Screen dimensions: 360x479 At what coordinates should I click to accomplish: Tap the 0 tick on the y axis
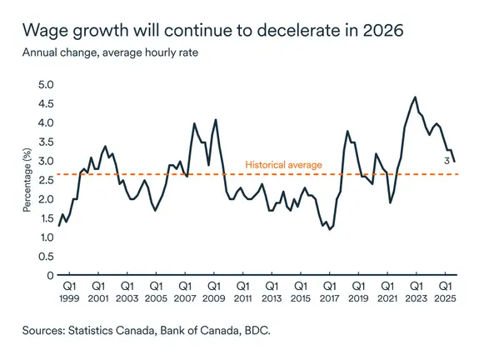pyautogui.click(x=50, y=275)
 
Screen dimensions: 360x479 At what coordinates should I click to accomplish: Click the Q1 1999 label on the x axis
pyautogui.click(x=68, y=290)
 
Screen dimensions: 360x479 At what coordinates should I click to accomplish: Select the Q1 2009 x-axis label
pyautogui.click(x=213, y=290)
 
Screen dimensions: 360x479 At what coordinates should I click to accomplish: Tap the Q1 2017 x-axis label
pyautogui.click(x=329, y=290)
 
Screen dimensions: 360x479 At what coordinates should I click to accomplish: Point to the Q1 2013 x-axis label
pyautogui.click(x=271, y=290)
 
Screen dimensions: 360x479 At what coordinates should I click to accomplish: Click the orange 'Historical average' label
pyautogui.click(x=283, y=166)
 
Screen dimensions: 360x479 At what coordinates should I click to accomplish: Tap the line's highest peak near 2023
pyautogui.click(x=415, y=97)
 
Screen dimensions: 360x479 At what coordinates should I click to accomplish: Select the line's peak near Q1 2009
pyautogui.click(x=216, y=120)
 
